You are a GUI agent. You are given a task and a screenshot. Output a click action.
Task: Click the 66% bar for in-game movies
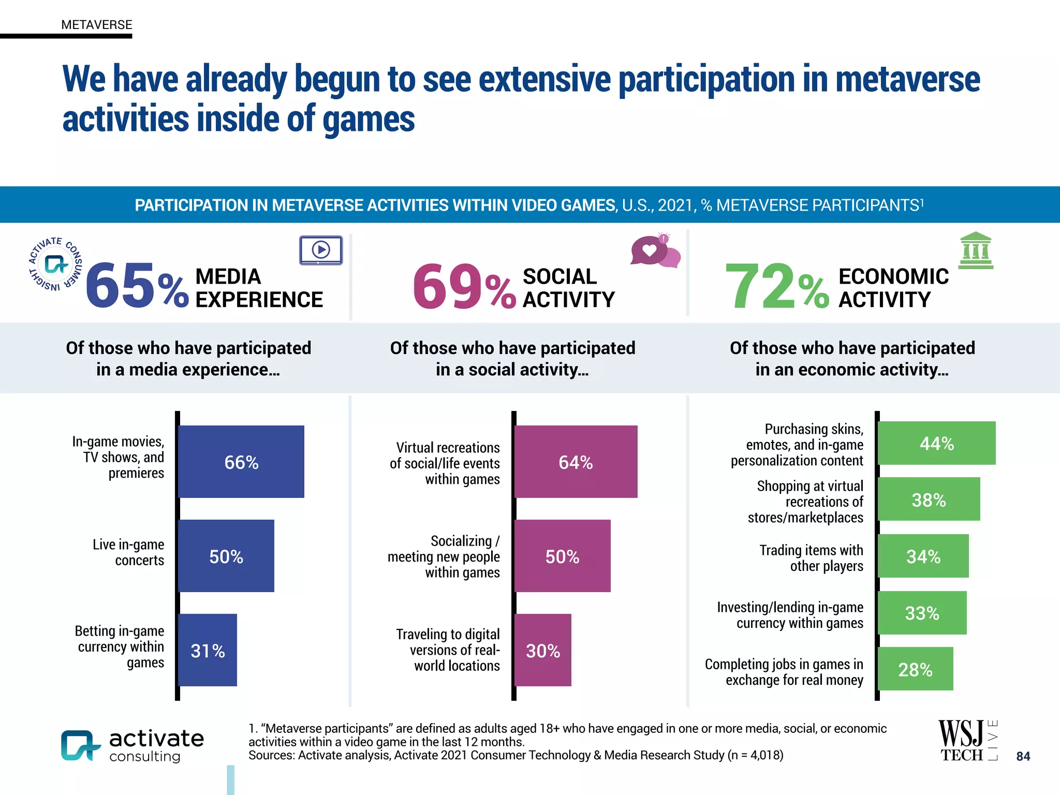[241, 462]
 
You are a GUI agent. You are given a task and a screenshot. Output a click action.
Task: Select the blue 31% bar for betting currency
[208, 650]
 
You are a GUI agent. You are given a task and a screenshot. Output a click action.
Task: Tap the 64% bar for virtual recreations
[576, 462]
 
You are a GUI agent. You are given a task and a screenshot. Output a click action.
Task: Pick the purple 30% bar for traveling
[543, 650]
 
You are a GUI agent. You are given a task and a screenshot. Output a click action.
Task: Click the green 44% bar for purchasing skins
[936, 443]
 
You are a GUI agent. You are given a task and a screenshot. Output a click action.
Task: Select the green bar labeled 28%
[915, 669]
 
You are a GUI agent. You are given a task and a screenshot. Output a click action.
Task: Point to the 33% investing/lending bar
[922, 613]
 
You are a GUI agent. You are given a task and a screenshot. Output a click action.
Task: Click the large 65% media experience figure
[136, 286]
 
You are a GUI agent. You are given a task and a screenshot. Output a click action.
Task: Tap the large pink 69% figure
[464, 286]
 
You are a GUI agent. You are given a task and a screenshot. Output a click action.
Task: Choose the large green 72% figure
[776, 286]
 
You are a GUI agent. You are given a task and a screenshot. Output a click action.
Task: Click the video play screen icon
[321, 251]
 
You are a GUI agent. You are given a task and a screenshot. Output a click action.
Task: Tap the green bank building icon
[976, 251]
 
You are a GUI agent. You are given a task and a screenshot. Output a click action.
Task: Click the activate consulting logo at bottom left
[132, 745]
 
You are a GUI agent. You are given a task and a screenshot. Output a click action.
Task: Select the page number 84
[1023, 756]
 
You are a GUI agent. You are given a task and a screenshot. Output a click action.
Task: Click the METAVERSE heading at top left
[97, 25]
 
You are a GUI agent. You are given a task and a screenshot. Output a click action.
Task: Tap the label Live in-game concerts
[128, 552]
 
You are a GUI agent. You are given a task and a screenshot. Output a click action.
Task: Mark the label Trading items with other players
[811, 558]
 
